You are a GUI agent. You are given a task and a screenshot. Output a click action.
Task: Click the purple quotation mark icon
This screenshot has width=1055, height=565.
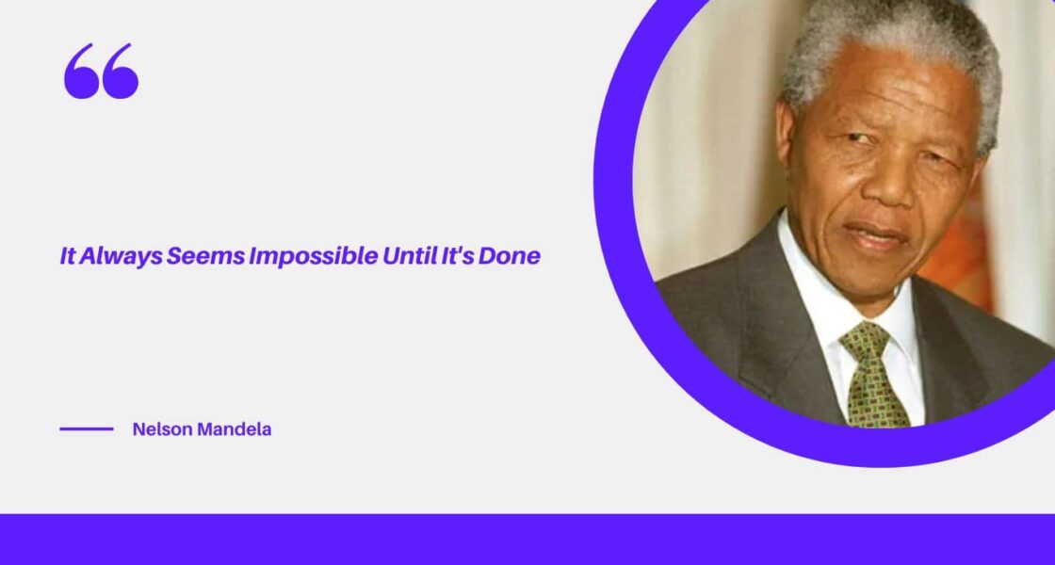(101, 72)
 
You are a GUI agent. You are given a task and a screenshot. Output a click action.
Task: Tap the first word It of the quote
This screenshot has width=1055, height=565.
(68, 256)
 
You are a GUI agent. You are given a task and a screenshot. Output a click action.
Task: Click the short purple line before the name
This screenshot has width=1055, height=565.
(87, 429)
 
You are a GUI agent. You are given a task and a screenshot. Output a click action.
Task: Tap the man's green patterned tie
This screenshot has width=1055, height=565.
(871, 377)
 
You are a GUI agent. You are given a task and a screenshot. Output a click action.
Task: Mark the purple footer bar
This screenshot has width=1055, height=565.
(527, 539)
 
